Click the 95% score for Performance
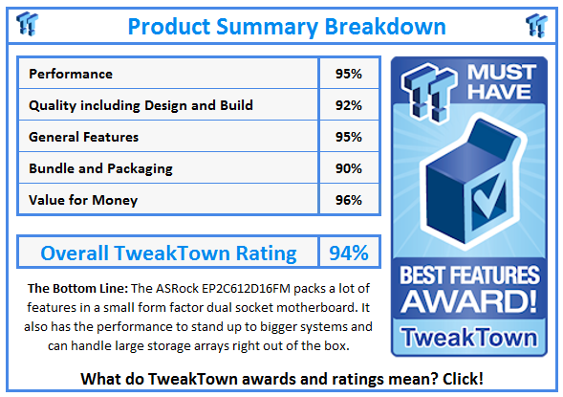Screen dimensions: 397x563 pyautogui.click(x=348, y=74)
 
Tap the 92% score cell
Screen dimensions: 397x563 pyautogui.click(x=348, y=105)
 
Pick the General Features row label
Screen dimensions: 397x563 pyautogui.click(x=84, y=137)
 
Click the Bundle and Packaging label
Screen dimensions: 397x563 pyautogui.click(x=100, y=168)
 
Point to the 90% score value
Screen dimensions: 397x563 pyautogui.click(x=348, y=168)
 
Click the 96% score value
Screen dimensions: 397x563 pyautogui.click(x=348, y=200)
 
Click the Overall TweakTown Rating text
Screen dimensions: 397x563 pyautogui.click(x=168, y=253)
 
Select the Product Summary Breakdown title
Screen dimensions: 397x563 pyautogui.click(x=287, y=25)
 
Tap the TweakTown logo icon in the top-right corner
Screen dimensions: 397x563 pyautogui.click(x=535, y=25)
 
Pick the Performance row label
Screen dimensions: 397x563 pyautogui.click(x=71, y=74)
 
